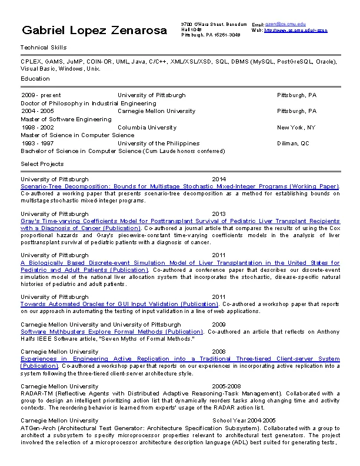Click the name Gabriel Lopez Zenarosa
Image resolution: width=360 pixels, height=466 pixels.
pos(94,31)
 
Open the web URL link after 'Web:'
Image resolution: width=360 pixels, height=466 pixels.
pos(296,29)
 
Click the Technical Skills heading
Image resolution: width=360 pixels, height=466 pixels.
pos(44,47)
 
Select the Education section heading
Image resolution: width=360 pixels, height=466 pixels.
pos(35,78)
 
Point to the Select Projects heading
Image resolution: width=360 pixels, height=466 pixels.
pos(42,164)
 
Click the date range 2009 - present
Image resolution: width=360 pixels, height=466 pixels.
pos(41,95)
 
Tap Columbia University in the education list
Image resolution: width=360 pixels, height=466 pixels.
pos(146,127)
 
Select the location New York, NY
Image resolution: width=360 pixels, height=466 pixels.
pos(296,127)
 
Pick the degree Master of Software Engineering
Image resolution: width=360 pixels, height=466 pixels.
pos(66,119)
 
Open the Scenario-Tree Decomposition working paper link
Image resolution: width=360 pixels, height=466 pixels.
pos(180,186)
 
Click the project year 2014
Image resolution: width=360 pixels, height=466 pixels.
pos(219,179)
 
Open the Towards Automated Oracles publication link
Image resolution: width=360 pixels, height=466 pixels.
pos(119,304)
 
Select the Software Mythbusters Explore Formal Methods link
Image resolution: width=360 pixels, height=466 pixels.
pos(112,332)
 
